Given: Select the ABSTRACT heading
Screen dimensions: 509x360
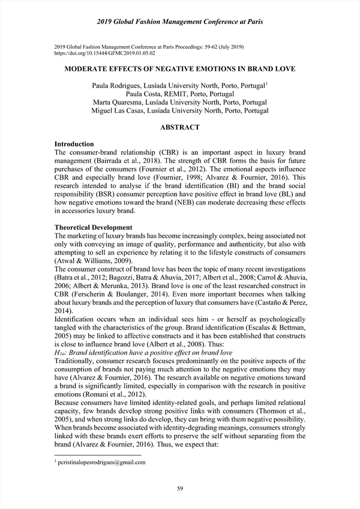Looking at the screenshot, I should tap(180, 127).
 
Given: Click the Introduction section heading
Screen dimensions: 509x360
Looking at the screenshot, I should tap(74, 144).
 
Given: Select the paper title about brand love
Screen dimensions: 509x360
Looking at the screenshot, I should tap(180, 70).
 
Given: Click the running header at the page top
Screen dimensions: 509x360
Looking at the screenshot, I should tap(180, 22).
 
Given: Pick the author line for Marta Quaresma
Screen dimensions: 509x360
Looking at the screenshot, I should tap(180, 102).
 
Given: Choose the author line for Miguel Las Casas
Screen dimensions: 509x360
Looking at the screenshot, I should tap(180, 110).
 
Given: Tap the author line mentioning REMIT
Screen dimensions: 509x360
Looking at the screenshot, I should tap(180, 94).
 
